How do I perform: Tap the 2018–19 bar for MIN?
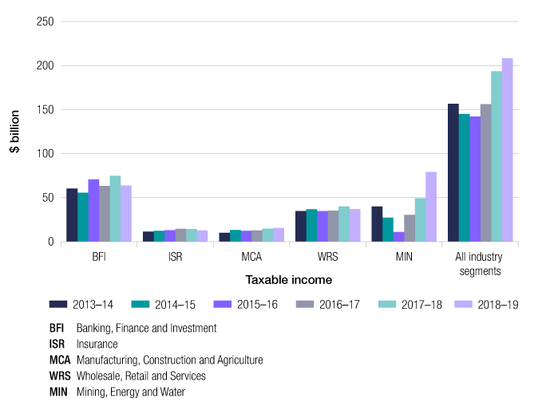tap(430, 207)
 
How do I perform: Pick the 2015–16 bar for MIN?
tap(398, 237)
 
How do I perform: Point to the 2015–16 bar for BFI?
tap(93, 211)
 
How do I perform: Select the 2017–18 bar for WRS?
tap(344, 224)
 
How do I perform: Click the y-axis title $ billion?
tap(15, 132)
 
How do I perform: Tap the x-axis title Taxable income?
tap(290, 280)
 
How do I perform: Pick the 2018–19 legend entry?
tap(488, 304)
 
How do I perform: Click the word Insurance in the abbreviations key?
tap(97, 344)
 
